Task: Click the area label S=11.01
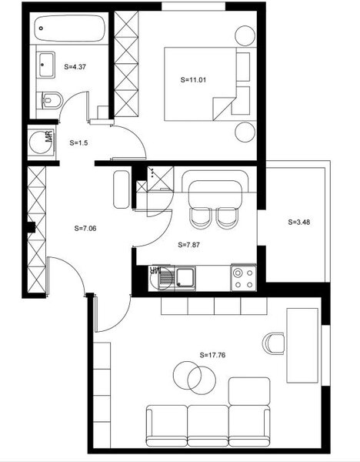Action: [x=194, y=79]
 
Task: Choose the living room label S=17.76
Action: [x=215, y=355]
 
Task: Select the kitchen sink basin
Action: [x=185, y=276]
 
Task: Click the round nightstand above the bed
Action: [x=245, y=35]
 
